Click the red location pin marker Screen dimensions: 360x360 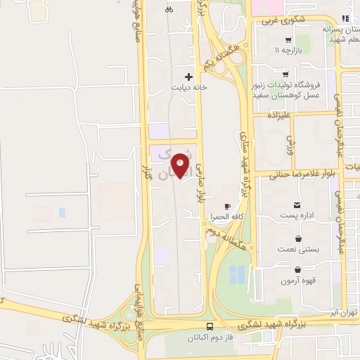pos(181,166)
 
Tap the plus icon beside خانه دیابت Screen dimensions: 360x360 pos(188,76)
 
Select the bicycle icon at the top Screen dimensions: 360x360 pos(168,10)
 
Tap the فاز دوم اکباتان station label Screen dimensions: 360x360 pos(210,337)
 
